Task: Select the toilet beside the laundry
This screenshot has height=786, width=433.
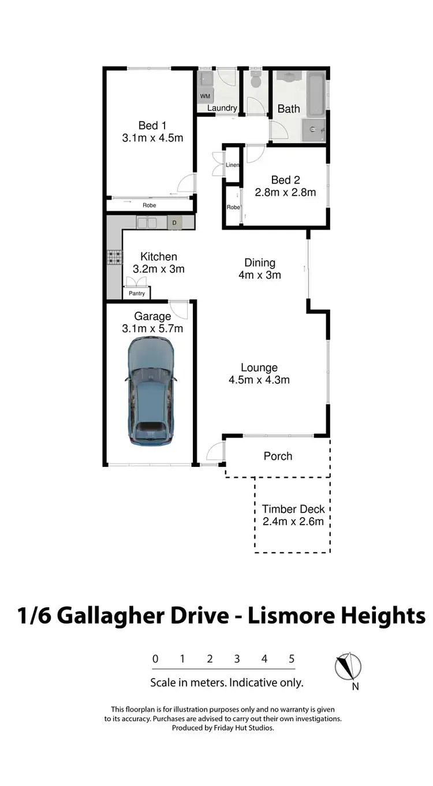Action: point(256,83)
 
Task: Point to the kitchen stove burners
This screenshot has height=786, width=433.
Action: point(114,257)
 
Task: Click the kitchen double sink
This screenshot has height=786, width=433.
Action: point(147,222)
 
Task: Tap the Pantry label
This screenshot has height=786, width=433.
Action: point(137,294)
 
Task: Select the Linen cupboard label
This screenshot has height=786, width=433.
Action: point(232,165)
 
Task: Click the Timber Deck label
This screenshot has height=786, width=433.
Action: point(293,509)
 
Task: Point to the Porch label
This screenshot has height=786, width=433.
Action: point(278,456)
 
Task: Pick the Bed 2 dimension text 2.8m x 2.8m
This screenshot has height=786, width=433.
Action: point(286,193)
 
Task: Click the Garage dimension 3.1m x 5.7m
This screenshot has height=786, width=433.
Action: point(153,328)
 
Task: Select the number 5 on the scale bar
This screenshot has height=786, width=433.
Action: point(292,659)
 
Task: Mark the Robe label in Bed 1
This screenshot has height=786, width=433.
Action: point(149,205)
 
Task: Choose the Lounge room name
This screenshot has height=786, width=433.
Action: point(259,368)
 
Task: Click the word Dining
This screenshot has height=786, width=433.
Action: point(259,263)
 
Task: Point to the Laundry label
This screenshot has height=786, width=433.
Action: point(222,108)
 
